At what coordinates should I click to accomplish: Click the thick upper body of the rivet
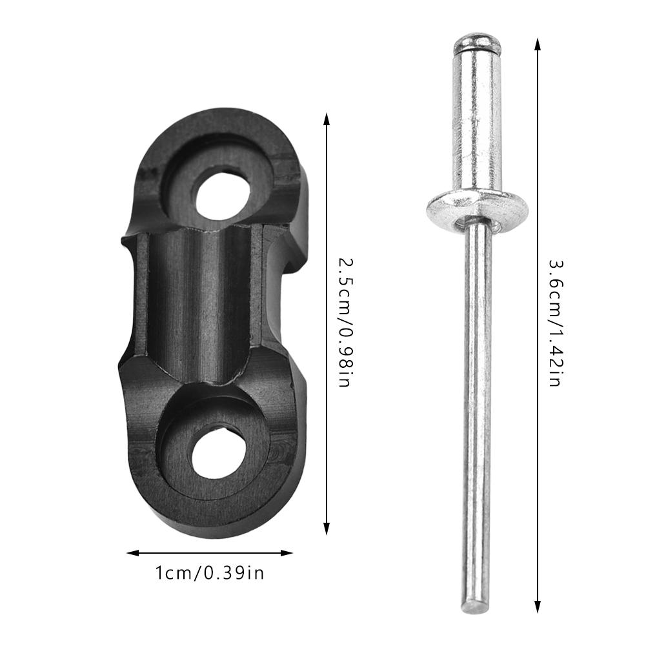point(477,123)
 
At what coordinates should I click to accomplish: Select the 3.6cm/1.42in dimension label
point(554,323)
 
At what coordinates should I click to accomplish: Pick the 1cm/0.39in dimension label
point(210,572)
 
